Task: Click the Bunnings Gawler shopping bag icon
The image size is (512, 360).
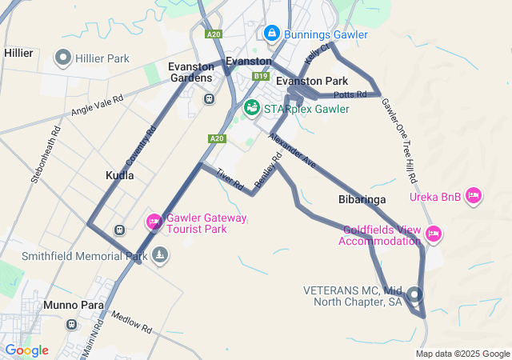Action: [x=272, y=34]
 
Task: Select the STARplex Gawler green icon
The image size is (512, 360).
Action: [x=251, y=107]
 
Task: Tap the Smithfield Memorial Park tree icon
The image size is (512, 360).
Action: [x=161, y=255]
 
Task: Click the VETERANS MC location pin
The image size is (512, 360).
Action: [x=414, y=294]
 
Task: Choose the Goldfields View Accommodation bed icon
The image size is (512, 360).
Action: [x=433, y=234]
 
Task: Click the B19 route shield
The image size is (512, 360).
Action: [x=261, y=76]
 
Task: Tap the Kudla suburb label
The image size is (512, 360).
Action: [x=120, y=174]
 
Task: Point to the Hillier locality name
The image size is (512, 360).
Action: [x=18, y=53]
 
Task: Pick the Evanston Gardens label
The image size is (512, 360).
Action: [x=190, y=72]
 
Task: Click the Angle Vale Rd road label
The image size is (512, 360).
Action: [x=97, y=105]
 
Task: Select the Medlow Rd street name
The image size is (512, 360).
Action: [x=131, y=322]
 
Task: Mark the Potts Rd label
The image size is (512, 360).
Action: [x=350, y=94]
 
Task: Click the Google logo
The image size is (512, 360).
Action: [x=26, y=350]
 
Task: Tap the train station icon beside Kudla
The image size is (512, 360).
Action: [x=120, y=230]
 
